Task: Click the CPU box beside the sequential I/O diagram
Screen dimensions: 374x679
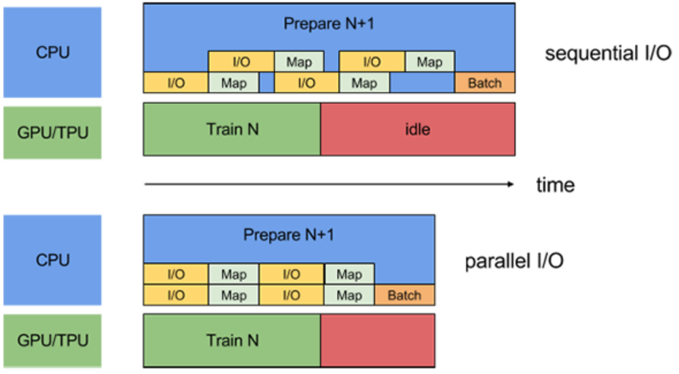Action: click(x=52, y=52)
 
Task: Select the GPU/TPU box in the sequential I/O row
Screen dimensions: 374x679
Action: click(x=52, y=132)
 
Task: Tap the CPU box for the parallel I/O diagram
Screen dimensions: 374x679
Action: click(x=52, y=260)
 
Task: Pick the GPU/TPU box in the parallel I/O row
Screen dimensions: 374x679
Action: click(x=52, y=341)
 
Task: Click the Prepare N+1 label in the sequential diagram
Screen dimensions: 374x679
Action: click(x=329, y=24)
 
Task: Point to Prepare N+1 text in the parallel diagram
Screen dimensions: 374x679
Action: click(x=288, y=235)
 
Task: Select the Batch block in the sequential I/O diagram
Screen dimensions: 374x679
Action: click(x=485, y=83)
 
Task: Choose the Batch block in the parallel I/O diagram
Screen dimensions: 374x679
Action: click(x=404, y=296)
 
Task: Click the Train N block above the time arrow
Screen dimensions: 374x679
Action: click(x=232, y=129)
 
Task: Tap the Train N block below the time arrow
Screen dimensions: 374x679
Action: click(x=232, y=341)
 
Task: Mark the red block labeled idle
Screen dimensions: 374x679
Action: click(x=417, y=129)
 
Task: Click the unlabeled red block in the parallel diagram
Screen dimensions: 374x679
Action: click(x=377, y=341)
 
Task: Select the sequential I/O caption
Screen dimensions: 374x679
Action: click(x=608, y=54)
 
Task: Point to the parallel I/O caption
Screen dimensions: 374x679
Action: click(x=514, y=261)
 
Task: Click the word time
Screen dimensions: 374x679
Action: click(x=555, y=185)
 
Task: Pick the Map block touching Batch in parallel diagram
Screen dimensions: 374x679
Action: click(x=349, y=296)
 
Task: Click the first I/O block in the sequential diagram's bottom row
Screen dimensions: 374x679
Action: click(x=176, y=83)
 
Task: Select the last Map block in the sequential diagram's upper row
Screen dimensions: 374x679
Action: click(x=429, y=62)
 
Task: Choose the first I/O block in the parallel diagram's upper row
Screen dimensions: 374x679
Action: click(x=176, y=274)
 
